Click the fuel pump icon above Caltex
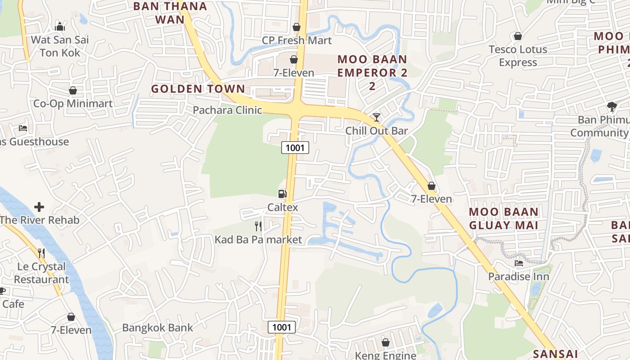(x=283, y=194)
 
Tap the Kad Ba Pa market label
(x=258, y=239)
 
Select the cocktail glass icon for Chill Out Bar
(x=377, y=117)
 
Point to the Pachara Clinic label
(x=227, y=110)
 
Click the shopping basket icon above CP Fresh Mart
(x=297, y=27)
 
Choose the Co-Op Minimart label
(x=73, y=103)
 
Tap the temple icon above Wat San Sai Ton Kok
(x=60, y=27)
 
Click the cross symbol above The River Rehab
(x=39, y=207)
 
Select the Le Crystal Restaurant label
(x=41, y=273)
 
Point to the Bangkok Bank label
(x=157, y=328)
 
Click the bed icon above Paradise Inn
(x=519, y=263)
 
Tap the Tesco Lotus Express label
(x=518, y=56)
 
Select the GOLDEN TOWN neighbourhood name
(x=198, y=89)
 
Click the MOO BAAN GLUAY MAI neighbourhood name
(x=504, y=218)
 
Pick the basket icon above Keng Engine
(x=386, y=342)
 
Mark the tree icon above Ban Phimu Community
(x=612, y=107)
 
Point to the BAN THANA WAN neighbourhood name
(x=170, y=13)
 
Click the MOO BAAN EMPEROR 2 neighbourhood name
(x=372, y=72)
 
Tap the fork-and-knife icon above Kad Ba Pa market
(x=258, y=226)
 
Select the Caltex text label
(x=283, y=207)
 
